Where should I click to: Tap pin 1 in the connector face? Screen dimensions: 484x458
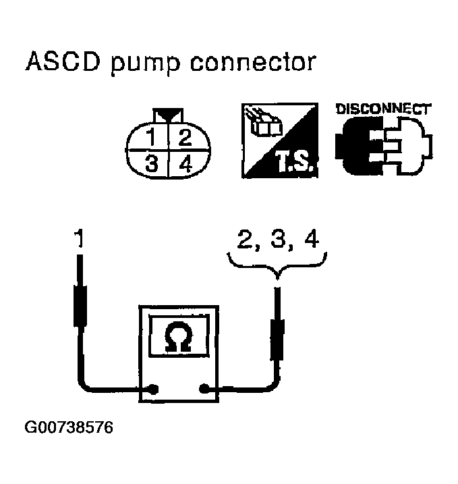(154, 139)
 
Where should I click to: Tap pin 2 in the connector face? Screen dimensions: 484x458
(184, 139)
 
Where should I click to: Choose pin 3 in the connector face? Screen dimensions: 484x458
(154, 163)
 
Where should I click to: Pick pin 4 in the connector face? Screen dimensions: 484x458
(184, 163)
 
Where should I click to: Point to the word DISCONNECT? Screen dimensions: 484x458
(383, 108)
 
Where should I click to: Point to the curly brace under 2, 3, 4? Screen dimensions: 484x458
(277, 266)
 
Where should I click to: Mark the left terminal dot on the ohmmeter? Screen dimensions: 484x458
(154, 389)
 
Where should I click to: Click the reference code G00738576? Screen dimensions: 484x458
(69, 428)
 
